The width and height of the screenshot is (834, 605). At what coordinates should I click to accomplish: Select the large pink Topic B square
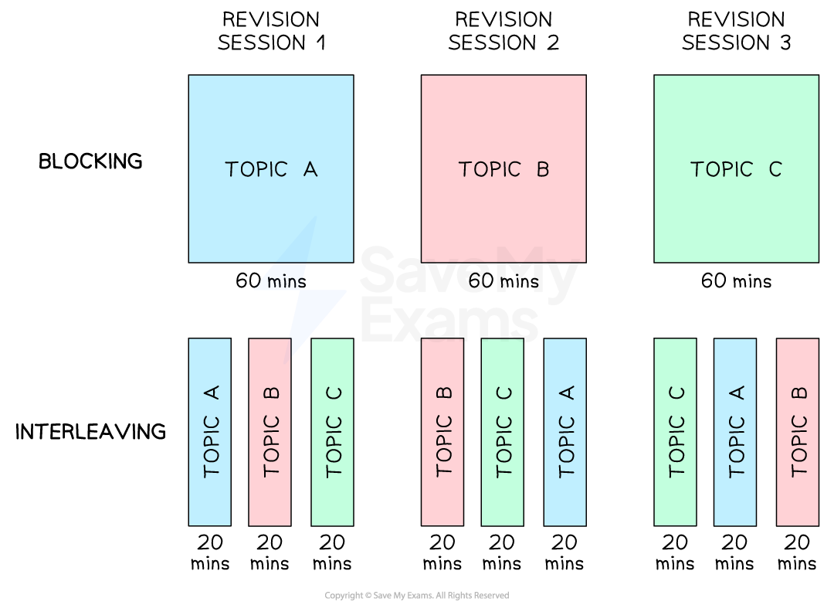tap(503, 124)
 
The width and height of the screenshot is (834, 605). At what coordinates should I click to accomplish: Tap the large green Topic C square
tap(736, 124)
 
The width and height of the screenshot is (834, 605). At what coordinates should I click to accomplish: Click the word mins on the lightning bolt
tap(285, 282)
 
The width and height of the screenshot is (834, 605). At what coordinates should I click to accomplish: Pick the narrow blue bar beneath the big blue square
tap(210, 432)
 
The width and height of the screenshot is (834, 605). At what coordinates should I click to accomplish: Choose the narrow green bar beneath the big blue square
tap(332, 432)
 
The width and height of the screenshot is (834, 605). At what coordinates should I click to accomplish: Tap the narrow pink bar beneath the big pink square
tap(442, 432)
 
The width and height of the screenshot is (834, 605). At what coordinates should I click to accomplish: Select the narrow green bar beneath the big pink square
tap(503, 432)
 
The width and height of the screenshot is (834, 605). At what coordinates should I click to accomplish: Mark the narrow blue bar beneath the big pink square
tap(565, 432)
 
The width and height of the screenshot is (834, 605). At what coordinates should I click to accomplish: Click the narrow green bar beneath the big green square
tap(676, 432)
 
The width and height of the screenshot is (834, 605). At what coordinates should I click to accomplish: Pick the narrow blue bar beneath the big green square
tap(735, 432)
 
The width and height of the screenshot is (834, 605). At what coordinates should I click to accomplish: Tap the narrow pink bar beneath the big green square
tap(798, 432)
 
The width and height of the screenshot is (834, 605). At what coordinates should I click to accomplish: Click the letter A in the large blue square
tap(310, 169)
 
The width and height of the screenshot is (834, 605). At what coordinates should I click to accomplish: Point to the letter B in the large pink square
tap(543, 169)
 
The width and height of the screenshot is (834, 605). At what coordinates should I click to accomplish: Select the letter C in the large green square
tap(775, 169)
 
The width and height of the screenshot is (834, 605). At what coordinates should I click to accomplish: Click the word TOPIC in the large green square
tap(721, 169)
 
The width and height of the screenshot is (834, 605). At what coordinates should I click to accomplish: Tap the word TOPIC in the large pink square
tap(490, 169)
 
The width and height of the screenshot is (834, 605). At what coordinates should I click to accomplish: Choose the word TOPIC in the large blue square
tap(256, 169)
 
